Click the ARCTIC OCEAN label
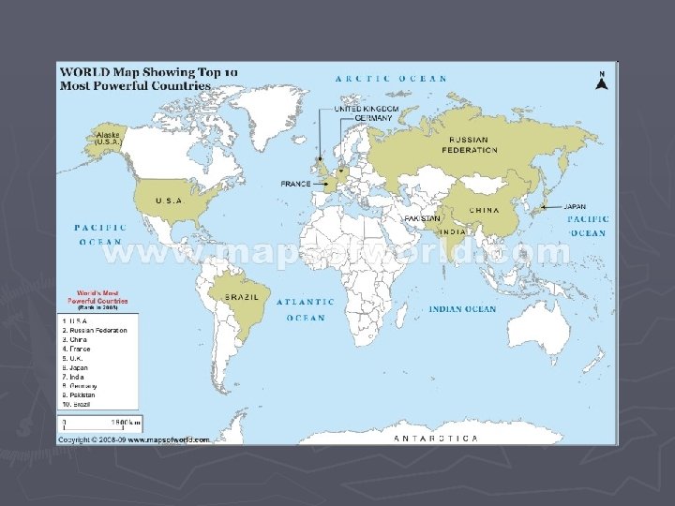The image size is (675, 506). (x=391, y=79)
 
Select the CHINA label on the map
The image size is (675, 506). (x=484, y=211)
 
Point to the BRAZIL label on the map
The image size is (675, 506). (x=241, y=297)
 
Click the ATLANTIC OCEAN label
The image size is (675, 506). (x=306, y=310)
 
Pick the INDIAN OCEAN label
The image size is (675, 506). (x=462, y=309)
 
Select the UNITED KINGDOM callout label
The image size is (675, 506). (x=367, y=109)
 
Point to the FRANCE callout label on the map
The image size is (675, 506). (x=295, y=184)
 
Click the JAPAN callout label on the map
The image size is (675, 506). (x=575, y=206)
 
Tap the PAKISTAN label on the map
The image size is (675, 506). (x=422, y=219)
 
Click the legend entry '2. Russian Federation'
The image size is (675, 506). (x=95, y=331)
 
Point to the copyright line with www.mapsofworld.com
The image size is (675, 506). (x=135, y=439)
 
